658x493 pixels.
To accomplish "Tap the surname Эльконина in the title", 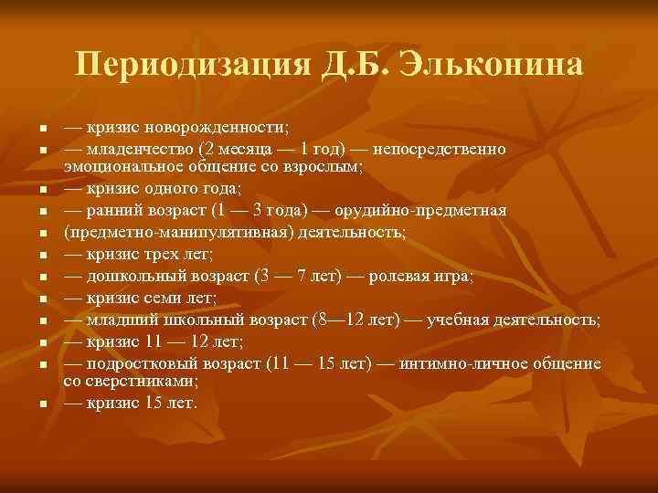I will click(x=493, y=65).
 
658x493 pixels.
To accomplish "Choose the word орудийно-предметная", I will click(x=434, y=212).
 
